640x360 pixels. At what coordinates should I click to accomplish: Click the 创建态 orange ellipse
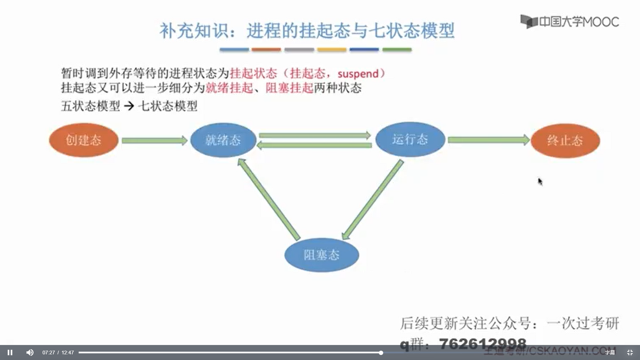click(84, 140)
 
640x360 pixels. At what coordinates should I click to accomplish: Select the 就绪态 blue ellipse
click(223, 140)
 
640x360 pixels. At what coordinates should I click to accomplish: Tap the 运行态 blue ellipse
click(410, 139)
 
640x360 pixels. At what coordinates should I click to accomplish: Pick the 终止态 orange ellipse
click(565, 141)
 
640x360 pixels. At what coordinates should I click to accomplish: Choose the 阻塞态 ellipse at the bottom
click(322, 255)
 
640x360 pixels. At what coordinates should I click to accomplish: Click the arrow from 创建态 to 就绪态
click(154, 141)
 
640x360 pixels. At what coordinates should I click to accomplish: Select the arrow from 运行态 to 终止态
click(488, 140)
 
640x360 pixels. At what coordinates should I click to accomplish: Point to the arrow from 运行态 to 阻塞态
click(373, 200)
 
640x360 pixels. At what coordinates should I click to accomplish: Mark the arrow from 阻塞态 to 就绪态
click(269, 199)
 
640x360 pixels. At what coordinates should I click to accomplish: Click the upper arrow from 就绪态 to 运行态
click(315, 135)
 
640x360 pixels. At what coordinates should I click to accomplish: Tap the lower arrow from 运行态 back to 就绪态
click(315, 145)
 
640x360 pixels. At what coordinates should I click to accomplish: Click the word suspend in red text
click(358, 74)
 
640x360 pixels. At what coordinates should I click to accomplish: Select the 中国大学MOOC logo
click(570, 22)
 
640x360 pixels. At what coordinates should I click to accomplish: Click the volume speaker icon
click(30, 352)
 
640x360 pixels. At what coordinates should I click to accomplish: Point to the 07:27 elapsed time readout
click(49, 353)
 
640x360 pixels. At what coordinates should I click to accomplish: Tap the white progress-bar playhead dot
click(381, 353)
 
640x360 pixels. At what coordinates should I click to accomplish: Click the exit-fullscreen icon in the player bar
click(630, 352)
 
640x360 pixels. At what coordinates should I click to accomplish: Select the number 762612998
click(482, 343)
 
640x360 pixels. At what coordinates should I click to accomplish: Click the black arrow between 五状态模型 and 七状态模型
click(129, 106)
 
